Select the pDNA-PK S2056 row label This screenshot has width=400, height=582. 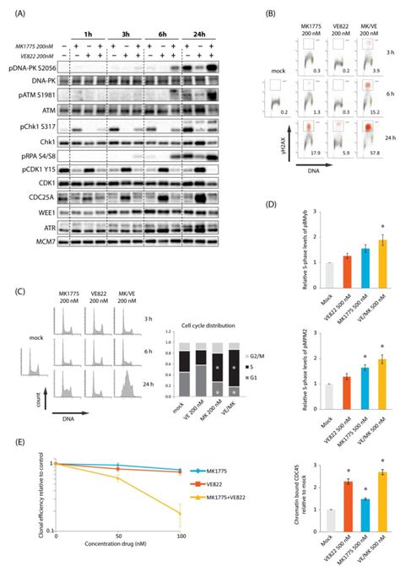tap(37, 65)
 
